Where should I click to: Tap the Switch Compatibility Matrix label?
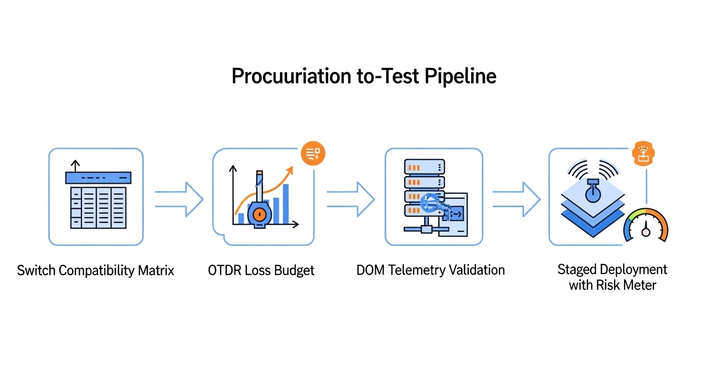tap(96, 270)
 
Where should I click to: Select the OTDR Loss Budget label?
tap(261, 270)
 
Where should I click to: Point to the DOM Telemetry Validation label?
tap(430, 270)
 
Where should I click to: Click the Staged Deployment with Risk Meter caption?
tap(612, 277)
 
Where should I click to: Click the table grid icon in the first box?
tap(97, 207)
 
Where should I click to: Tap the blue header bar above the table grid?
tap(98, 178)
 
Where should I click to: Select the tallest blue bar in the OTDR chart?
tap(286, 204)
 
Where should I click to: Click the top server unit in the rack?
tap(424, 167)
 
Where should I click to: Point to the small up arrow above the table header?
tap(75, 165)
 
